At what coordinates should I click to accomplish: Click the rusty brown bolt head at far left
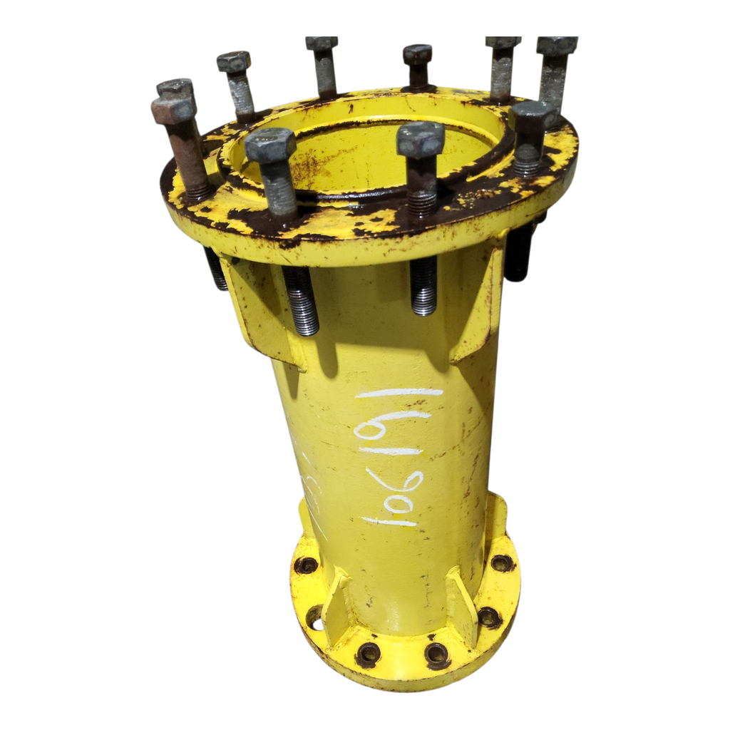click(x=173, y=109)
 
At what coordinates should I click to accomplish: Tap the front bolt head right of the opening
click(x=421, y=138)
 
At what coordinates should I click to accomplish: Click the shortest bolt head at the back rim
click(x=417, y=54)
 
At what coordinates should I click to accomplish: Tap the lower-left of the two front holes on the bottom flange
click(x=368, y=652)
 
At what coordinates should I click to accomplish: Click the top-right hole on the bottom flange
click(x=502, y=562)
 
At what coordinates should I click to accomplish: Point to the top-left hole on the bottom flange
click(x=306, y=565)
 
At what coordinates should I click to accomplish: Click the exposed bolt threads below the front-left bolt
click(x=302, y=300)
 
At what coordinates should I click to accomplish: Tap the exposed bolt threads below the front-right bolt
click(x=423, y=285)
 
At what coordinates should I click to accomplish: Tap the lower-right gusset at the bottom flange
click(x=462, y=603)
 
